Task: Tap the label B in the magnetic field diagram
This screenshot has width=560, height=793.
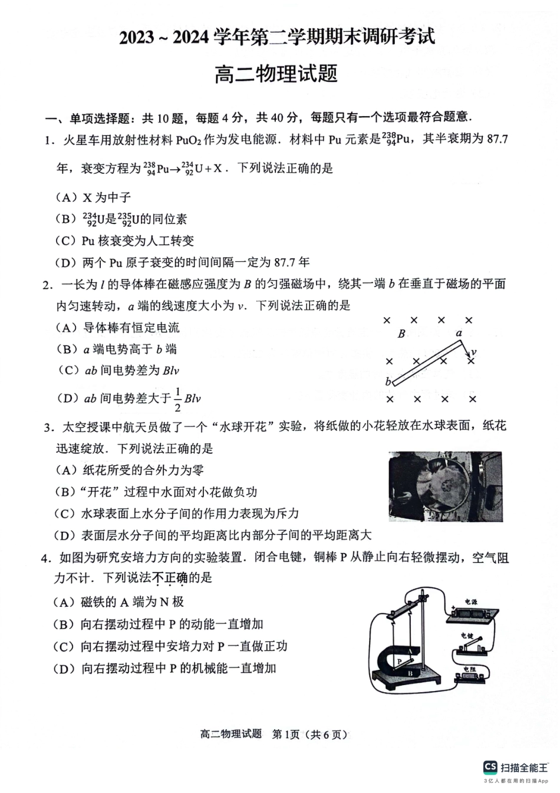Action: point(401,334)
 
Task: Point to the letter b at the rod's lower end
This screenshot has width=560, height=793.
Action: point(388,381)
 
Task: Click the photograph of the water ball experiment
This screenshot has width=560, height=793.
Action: point(445,486)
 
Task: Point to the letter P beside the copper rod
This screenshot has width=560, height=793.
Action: point(400,661)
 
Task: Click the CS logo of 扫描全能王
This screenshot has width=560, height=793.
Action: point(490,766)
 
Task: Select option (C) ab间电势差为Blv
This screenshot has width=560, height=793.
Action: point(118,370)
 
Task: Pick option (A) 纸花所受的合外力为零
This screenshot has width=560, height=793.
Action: point(130,470)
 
